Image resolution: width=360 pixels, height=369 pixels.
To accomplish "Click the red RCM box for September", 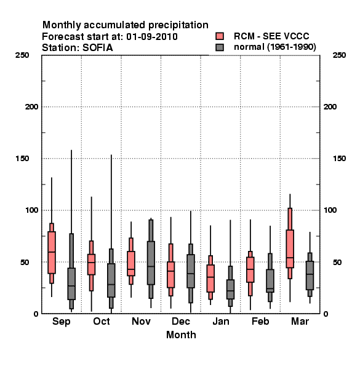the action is pos(52,253).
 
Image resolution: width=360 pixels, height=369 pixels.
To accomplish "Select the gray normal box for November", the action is pos(151,263).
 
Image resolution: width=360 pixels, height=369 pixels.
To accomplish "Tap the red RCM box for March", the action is pos(290,248).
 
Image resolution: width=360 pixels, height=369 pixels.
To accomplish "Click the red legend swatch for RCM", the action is pos(220,36).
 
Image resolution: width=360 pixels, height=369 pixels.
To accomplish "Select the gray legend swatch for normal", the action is pos(220,47).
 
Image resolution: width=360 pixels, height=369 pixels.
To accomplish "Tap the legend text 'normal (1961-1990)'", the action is pos(274,47).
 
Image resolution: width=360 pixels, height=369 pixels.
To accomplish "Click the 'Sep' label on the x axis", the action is pos(61,322).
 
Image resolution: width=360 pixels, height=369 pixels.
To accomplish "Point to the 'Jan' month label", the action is pos(220,321).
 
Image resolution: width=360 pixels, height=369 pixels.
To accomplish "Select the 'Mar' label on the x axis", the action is pos(300,321).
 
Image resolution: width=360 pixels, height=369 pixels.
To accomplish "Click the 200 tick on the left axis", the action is pos(31,107).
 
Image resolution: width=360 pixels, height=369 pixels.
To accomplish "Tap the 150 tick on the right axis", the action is pos(339,159).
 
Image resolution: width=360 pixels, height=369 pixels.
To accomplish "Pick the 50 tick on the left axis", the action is pos(25,262).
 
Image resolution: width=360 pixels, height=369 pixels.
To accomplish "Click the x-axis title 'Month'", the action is pos(181,335).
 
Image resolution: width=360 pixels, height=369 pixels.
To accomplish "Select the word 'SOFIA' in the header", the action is pos(97,48).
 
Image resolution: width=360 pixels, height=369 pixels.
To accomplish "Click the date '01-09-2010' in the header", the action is pos(152,37).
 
